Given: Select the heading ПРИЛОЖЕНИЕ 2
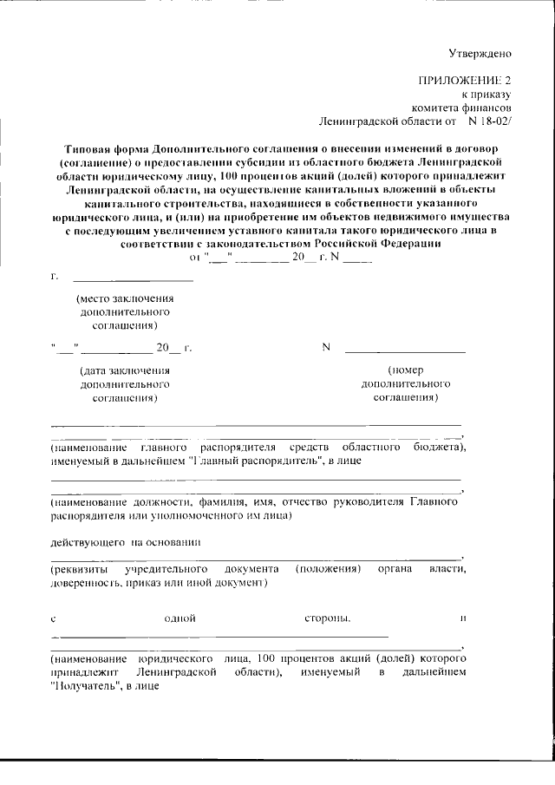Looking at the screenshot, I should [x=467, y=80].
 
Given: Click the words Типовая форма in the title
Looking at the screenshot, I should [x=103, y=148].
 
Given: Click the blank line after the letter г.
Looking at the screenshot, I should [x=133, y=279].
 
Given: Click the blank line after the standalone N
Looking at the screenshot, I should [x=405, y=350].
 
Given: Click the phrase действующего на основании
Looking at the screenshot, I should [x=126, y=542].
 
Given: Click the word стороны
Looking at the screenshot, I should [x=327, y=619].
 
